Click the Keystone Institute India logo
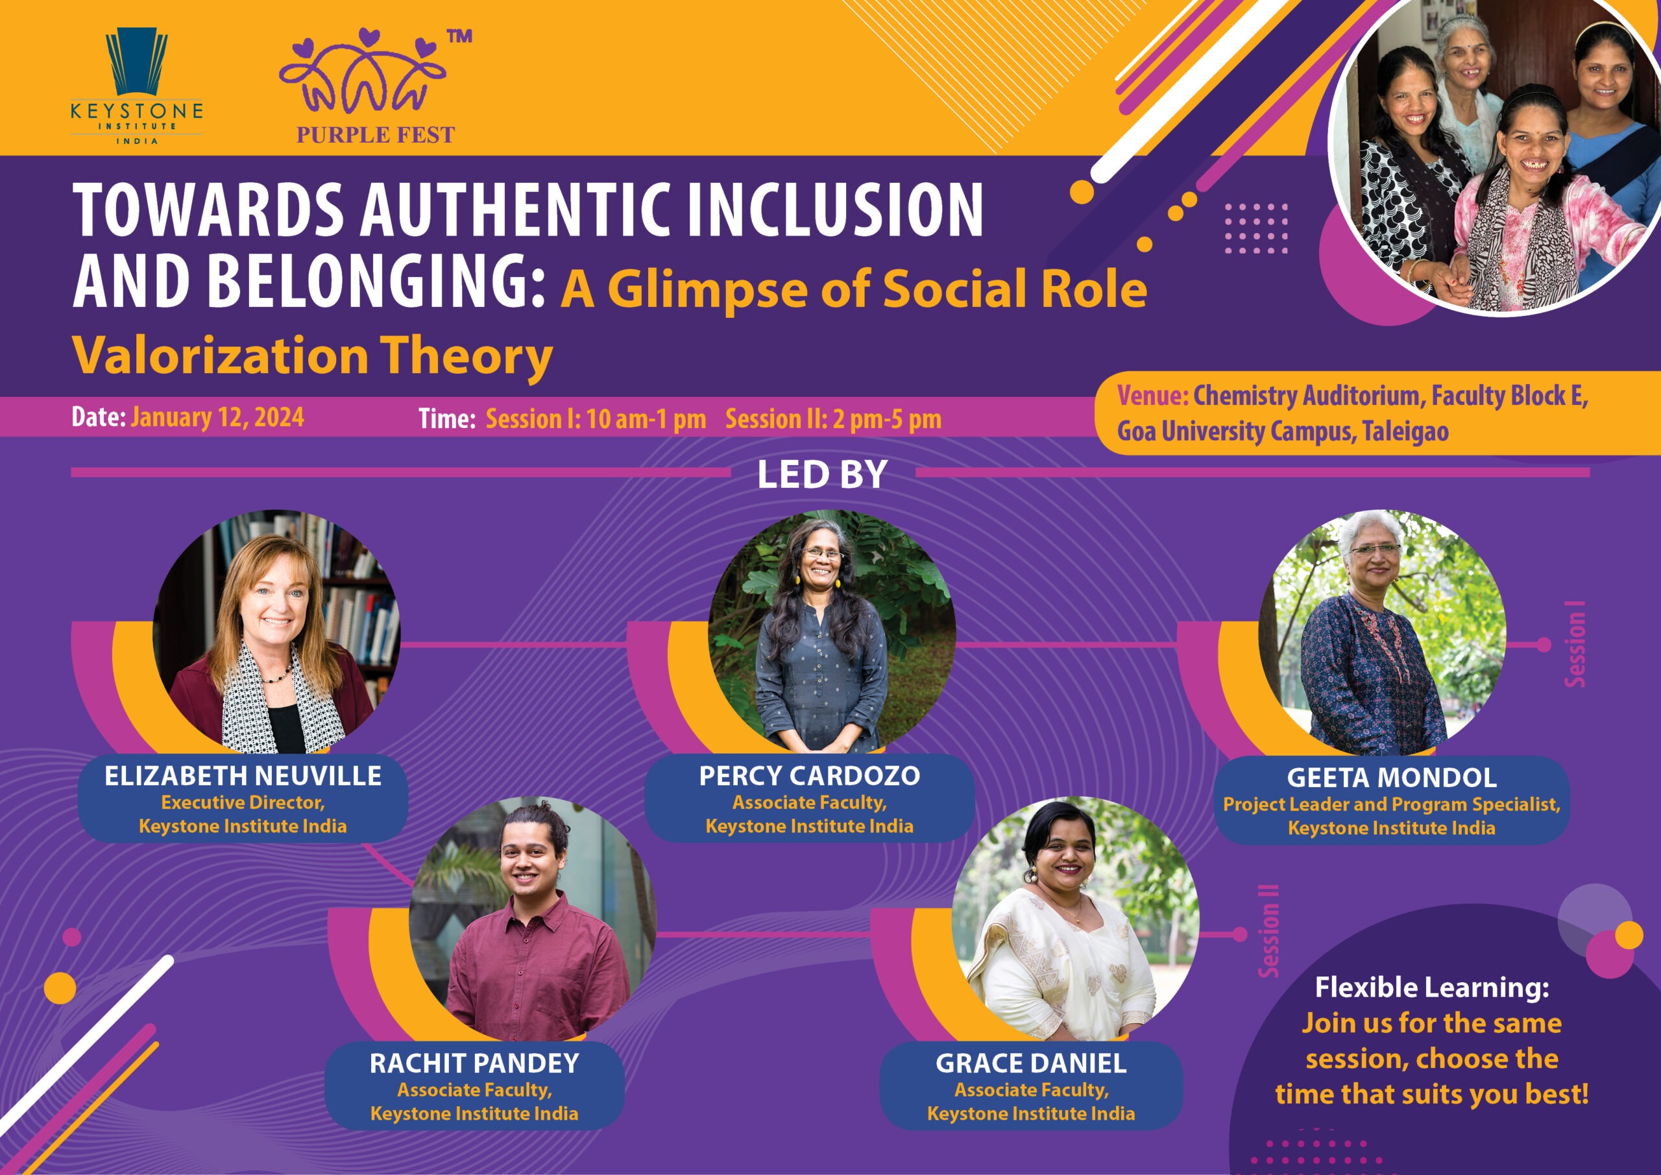coord(137,86)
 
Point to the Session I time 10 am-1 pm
coord(646,419)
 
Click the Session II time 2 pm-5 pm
coord(887,419)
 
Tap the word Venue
coord(1152,396)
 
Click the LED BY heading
coord(823,476)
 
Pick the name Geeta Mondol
coord(1392,778)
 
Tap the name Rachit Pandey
coord(474,1063)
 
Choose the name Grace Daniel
coord(1031,1063)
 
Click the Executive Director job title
coord(243,803)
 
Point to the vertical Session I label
coord(1575,644)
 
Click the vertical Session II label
coord(1269,931)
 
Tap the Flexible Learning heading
coord(1432,987)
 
